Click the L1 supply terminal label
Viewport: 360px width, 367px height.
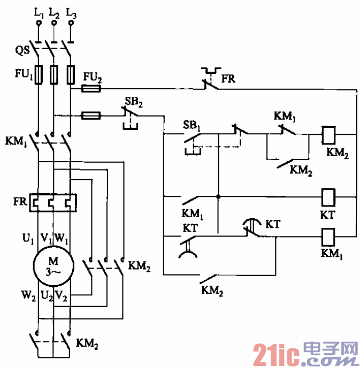pyautogui.click(x=39, y=12)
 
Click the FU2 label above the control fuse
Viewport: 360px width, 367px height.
pyautogui.click(x=92, y=77)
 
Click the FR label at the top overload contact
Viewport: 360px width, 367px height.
pyautogui.click(x=228, y=79)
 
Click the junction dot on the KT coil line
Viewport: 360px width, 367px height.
pyautogui.click(x=218, y=196)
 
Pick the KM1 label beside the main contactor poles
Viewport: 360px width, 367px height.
pyautogui.click(x=16, y=142)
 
